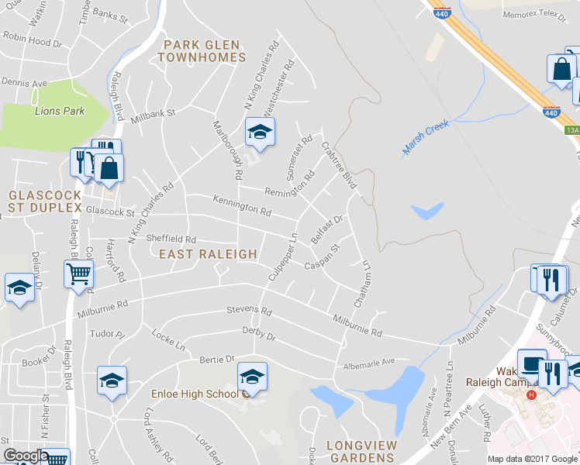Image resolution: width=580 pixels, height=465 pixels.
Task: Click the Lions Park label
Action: (x=60, y=111)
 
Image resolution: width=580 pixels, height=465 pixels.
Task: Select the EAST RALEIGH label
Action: (x=208, y=254)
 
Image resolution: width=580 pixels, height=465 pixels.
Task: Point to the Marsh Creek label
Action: (x=426, y=138)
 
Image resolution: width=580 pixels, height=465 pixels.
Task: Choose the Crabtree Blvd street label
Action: (x=338, y=165)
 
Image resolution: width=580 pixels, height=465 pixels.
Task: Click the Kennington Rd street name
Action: (x=243, y=205)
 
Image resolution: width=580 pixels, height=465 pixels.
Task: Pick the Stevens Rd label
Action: (x=249, y=312)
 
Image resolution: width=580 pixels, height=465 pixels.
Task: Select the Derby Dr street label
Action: (x=260, y=334)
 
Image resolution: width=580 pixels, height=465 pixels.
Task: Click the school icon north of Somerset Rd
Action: (x=260, y=132)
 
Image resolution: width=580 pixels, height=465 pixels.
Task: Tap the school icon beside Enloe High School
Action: (x=251, y=377)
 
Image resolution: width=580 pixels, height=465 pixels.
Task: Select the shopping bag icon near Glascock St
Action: (x=109, y=169)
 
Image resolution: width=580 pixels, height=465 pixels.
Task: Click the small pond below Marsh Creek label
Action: (x=428, y=211)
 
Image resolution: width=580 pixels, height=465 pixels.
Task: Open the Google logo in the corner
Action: (x=26, y=456)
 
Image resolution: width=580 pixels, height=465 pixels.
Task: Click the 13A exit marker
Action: (x=572, y=131)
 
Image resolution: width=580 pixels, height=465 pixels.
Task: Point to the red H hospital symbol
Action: (x=531, y=394)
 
